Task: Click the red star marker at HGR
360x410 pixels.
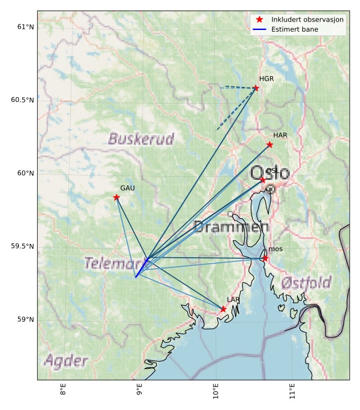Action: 256,88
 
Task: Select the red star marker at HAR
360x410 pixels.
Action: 269,144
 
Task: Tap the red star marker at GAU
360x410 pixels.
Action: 116,197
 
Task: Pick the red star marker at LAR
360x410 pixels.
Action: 223,309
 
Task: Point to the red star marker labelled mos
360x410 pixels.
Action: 265,258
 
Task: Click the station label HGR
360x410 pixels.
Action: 266,79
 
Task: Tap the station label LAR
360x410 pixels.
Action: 233,300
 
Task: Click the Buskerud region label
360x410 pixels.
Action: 141,140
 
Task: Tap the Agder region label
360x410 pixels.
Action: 65,361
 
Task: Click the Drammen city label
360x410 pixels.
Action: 231,227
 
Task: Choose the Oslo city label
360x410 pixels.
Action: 269,173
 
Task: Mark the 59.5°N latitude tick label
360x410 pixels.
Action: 21,246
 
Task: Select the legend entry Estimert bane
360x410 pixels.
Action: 295,29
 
